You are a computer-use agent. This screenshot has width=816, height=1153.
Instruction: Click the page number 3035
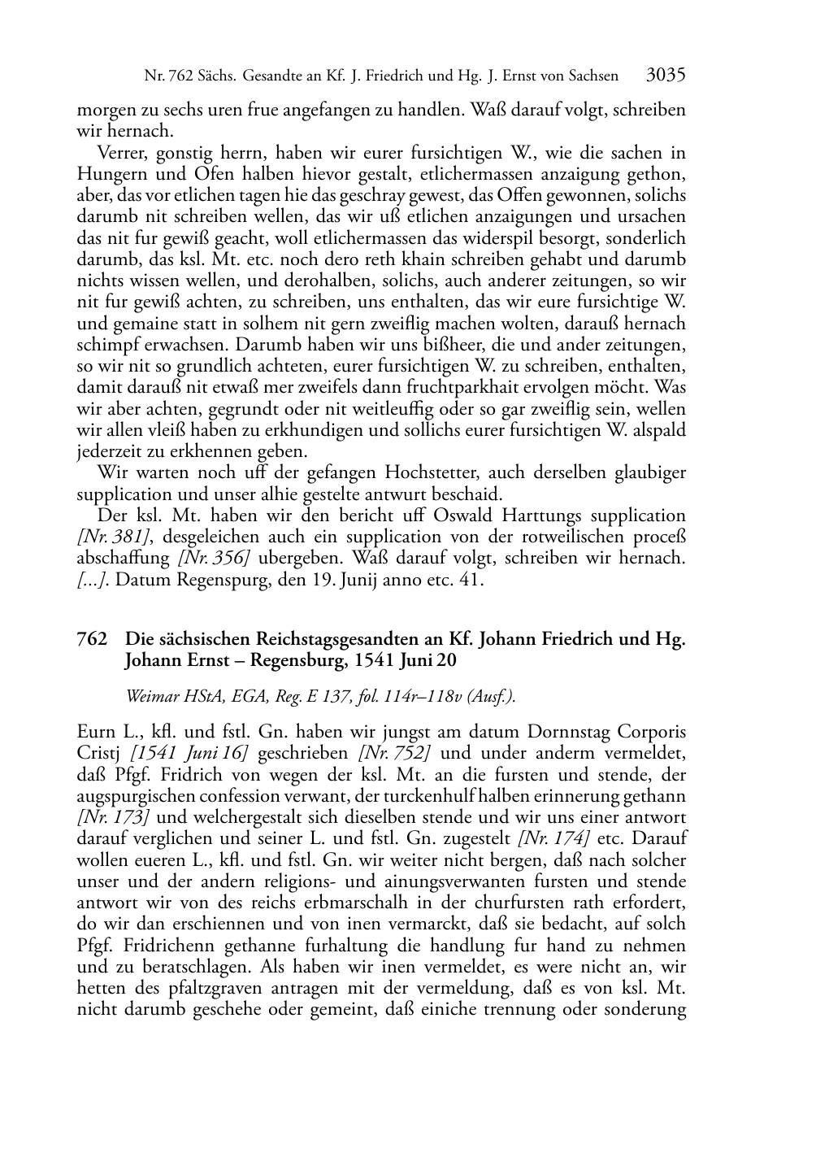(x=666, y=76)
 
